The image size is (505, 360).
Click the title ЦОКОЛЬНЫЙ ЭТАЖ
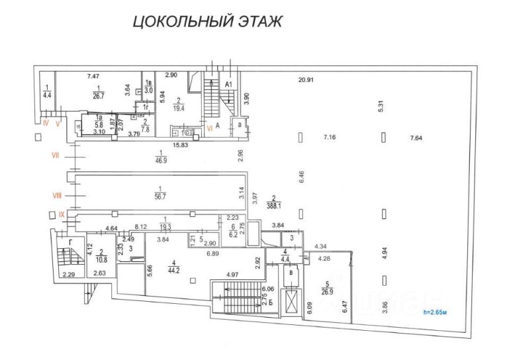[x=208, y=21]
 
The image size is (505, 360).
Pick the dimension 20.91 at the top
[x=305, y=80]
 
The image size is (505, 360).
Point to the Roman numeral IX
[x=62, y=214]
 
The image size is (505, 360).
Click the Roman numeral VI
[x=210, y=128]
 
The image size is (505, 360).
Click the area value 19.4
[x=177, y=105]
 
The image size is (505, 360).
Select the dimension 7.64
[x=416, y=138]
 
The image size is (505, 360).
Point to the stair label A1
[x=228, y=85]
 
